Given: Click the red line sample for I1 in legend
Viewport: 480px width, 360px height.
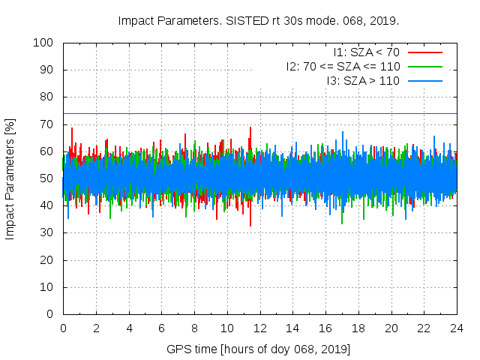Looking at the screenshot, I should pyautogui.click(x=425, y=52).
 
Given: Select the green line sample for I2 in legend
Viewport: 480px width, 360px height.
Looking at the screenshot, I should pyautogui.click(x=425, y=66).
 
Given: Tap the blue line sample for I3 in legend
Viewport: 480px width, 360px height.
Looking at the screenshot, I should pyautogui.click(x=425, y=79).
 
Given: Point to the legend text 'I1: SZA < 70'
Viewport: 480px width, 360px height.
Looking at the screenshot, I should pyautogui.click(x=366, y=52).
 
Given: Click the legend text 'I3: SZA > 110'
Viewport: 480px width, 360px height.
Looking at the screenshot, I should pyautogui.click(x=363, y=79).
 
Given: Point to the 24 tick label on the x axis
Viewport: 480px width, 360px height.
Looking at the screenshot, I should pyautogui.click(x=457, y=328).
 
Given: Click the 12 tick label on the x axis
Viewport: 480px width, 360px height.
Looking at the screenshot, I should pyautogui.click(x=259, y=328).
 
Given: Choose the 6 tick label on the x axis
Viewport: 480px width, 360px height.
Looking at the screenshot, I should pyautogui.click(x=161, y=328).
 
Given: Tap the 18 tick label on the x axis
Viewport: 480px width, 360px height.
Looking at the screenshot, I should pyautogui.click(x=358, y=328).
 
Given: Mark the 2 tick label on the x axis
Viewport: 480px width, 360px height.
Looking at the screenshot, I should pyautogui.click(x=96, y=328).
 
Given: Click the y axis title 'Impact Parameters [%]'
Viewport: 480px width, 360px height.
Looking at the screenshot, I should pyautogui.click(x=10, y=178).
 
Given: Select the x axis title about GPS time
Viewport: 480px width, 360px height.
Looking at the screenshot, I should pyautogui.click(x=259, y=349).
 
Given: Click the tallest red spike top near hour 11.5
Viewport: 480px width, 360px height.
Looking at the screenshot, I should pyautogui.click(x=250, y=128).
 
